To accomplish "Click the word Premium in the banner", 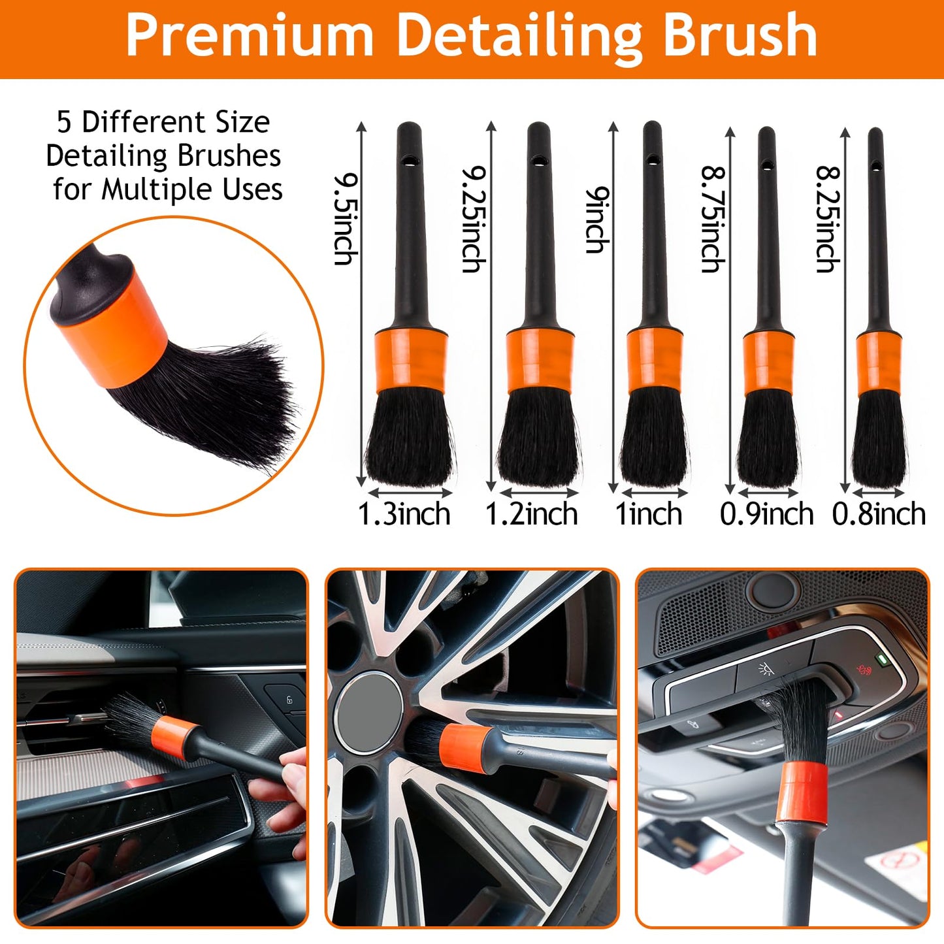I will click(249, 36).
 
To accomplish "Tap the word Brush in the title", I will click(740, 36).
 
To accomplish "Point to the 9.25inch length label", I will click(474, 219).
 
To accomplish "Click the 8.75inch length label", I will click(713, 219).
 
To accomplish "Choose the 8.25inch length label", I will click(828, 219).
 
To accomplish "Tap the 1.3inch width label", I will click(404, 514).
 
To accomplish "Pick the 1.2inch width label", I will click(531, 514).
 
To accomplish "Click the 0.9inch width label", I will click(766, 514).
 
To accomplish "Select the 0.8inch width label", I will click(879, 514).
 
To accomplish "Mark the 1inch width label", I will click(649, 514).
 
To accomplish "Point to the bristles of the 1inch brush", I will click(653, 438).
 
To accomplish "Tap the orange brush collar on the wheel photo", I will click(465, 746).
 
